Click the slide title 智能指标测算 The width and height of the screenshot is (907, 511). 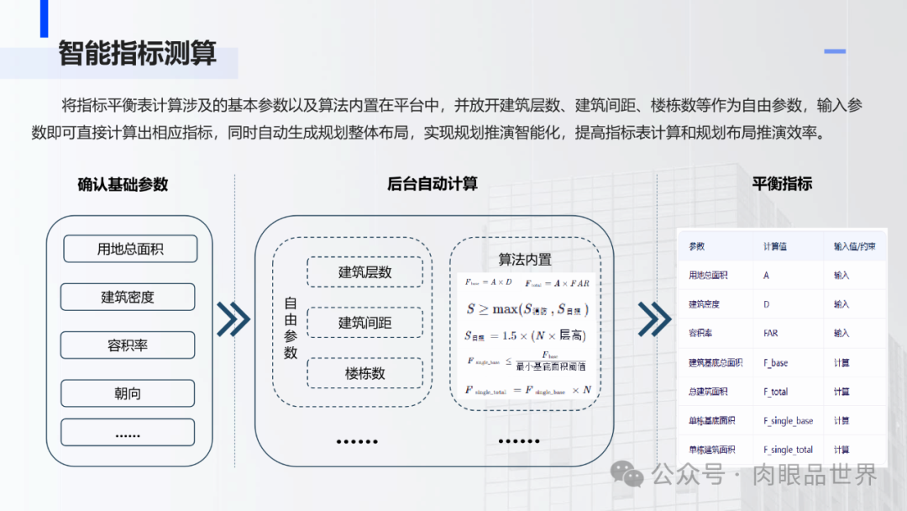(137, 53)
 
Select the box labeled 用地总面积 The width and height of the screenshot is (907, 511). (129, 249)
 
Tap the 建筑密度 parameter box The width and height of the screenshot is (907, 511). (128, 297)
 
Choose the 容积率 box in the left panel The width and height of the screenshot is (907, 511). (128, 345)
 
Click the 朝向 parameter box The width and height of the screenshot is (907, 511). (128, 393)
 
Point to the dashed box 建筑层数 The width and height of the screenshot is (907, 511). (364, 272)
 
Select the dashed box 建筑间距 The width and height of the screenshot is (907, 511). (364, 323)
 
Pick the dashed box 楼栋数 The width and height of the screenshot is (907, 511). (364, 373)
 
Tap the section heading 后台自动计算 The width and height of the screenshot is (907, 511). (433, 184)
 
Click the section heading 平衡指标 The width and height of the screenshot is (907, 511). (782, 183)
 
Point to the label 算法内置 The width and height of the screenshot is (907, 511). (525, 259)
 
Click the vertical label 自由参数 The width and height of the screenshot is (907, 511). (291, 328)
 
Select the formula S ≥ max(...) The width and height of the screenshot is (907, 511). (527, 309)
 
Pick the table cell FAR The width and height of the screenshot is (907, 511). (770, 334)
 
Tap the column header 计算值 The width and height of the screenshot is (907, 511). (776, 247)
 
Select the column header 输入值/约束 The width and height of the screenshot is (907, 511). (854, 247)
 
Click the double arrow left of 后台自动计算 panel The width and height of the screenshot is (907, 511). (233, 319)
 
